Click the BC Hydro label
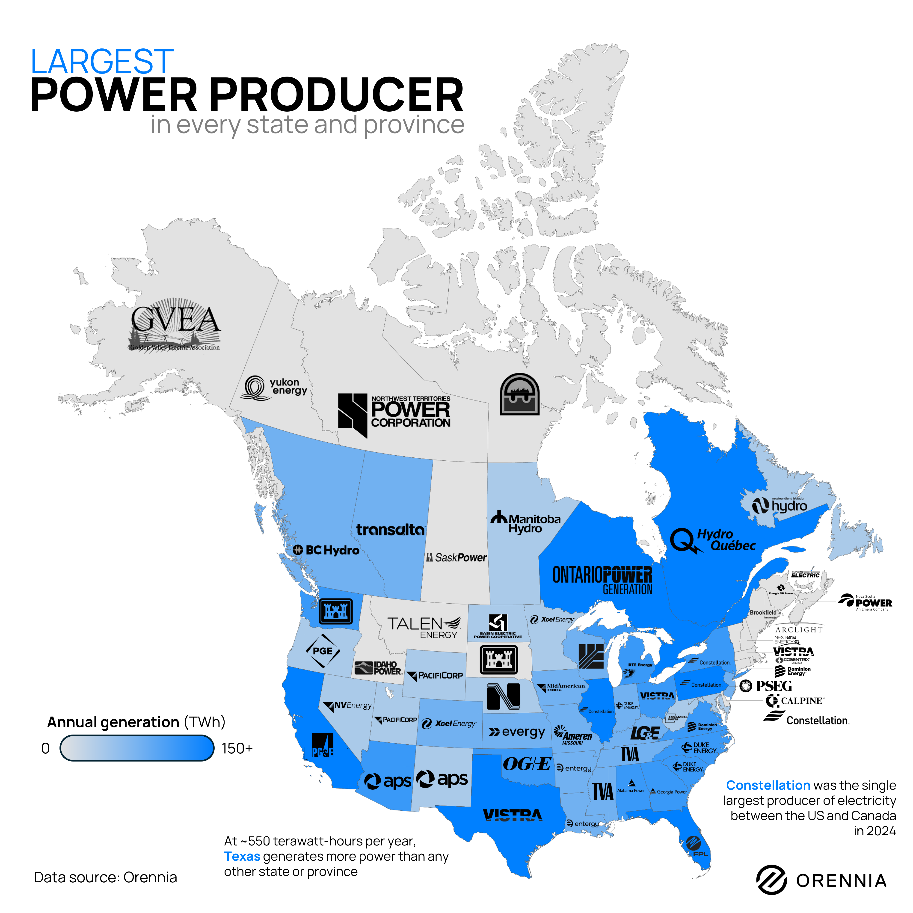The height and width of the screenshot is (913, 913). point(326,550)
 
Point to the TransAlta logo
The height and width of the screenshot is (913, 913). point(390,530)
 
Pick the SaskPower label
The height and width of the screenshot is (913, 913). point(456,558)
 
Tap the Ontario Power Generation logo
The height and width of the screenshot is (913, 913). point(602,579)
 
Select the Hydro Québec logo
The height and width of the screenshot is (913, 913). point(713,540)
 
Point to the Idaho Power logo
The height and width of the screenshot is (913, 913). point(378,668)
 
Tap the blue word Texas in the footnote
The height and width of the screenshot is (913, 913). point(242,856)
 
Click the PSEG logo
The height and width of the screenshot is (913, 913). point(765,686)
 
